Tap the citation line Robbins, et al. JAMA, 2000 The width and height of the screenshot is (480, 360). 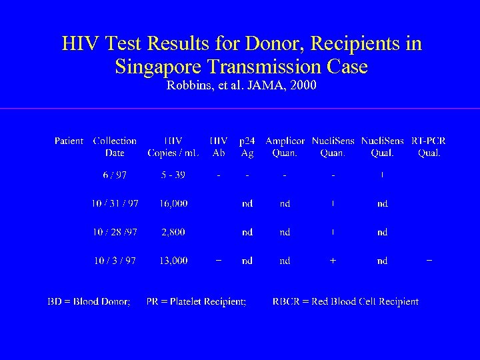[241, 85]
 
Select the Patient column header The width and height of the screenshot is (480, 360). [69, 141]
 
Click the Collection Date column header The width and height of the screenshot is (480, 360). [115, 147]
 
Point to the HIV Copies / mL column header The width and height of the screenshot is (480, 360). [173, 147]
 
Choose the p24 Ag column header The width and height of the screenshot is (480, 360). [247, 147]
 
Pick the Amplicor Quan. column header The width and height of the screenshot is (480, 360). [285, 147]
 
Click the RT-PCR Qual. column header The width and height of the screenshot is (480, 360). [429, 147]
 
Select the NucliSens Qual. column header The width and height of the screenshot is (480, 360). [382, 147]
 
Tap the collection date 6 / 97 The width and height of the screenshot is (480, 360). [115, 175]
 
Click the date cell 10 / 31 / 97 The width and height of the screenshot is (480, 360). [115, 203]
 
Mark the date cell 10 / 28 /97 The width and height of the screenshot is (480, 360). [115, 232]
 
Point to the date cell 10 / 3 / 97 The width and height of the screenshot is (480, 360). [115, 261]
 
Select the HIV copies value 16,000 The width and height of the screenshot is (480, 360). [173, 203]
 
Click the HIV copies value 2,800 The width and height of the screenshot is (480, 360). [173, 232]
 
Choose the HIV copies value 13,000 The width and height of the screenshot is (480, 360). [173, 261]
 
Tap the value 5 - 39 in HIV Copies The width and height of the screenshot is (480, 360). [173, 175]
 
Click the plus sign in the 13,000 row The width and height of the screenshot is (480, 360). [333, 261]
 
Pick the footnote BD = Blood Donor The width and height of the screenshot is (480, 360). [89, 301]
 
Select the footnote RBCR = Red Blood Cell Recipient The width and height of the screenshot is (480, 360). [345, 301]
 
